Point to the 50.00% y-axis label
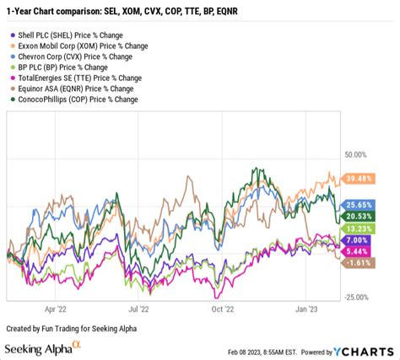357,155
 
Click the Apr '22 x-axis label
56,309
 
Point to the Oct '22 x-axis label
222,309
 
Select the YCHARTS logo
364,350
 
